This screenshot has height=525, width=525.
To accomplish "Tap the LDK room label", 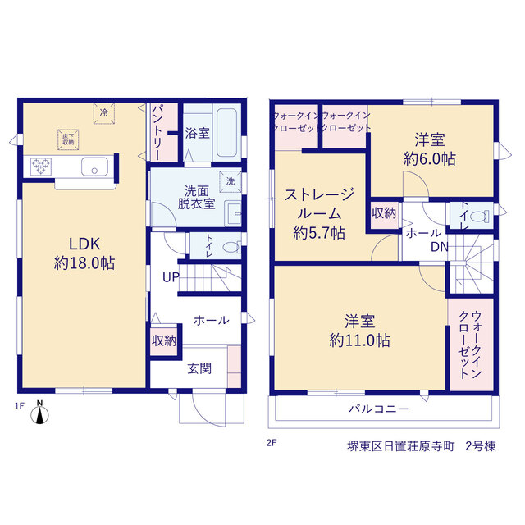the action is coord(84,244).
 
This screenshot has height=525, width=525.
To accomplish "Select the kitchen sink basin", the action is coord(95,167).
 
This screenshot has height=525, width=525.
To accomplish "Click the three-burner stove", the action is coord(41,167).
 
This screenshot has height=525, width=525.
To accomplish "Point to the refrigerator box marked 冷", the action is coord(104,113).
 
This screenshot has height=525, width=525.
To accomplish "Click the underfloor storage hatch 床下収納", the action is coord(68,139).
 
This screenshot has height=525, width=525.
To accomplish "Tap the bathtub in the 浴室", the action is coord(226,133).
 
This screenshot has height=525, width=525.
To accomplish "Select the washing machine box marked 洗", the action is coord(231,181).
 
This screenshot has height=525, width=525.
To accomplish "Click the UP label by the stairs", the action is coord(171,277).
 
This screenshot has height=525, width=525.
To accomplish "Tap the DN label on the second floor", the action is coord(440,247).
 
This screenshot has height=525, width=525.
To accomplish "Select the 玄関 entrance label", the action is coord(199,368).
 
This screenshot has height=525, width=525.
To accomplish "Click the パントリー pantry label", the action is coord(157,133).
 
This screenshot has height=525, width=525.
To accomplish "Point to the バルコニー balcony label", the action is coord(379,409).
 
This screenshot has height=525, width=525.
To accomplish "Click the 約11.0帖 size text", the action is coord(359,340).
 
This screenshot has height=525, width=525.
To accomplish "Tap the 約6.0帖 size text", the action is coord(430,158).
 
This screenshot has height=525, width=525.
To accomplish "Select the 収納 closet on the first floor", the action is coord(164,341).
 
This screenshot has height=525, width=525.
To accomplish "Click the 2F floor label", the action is coord(272,443).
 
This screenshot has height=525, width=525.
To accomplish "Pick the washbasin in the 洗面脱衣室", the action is coord(233,213).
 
